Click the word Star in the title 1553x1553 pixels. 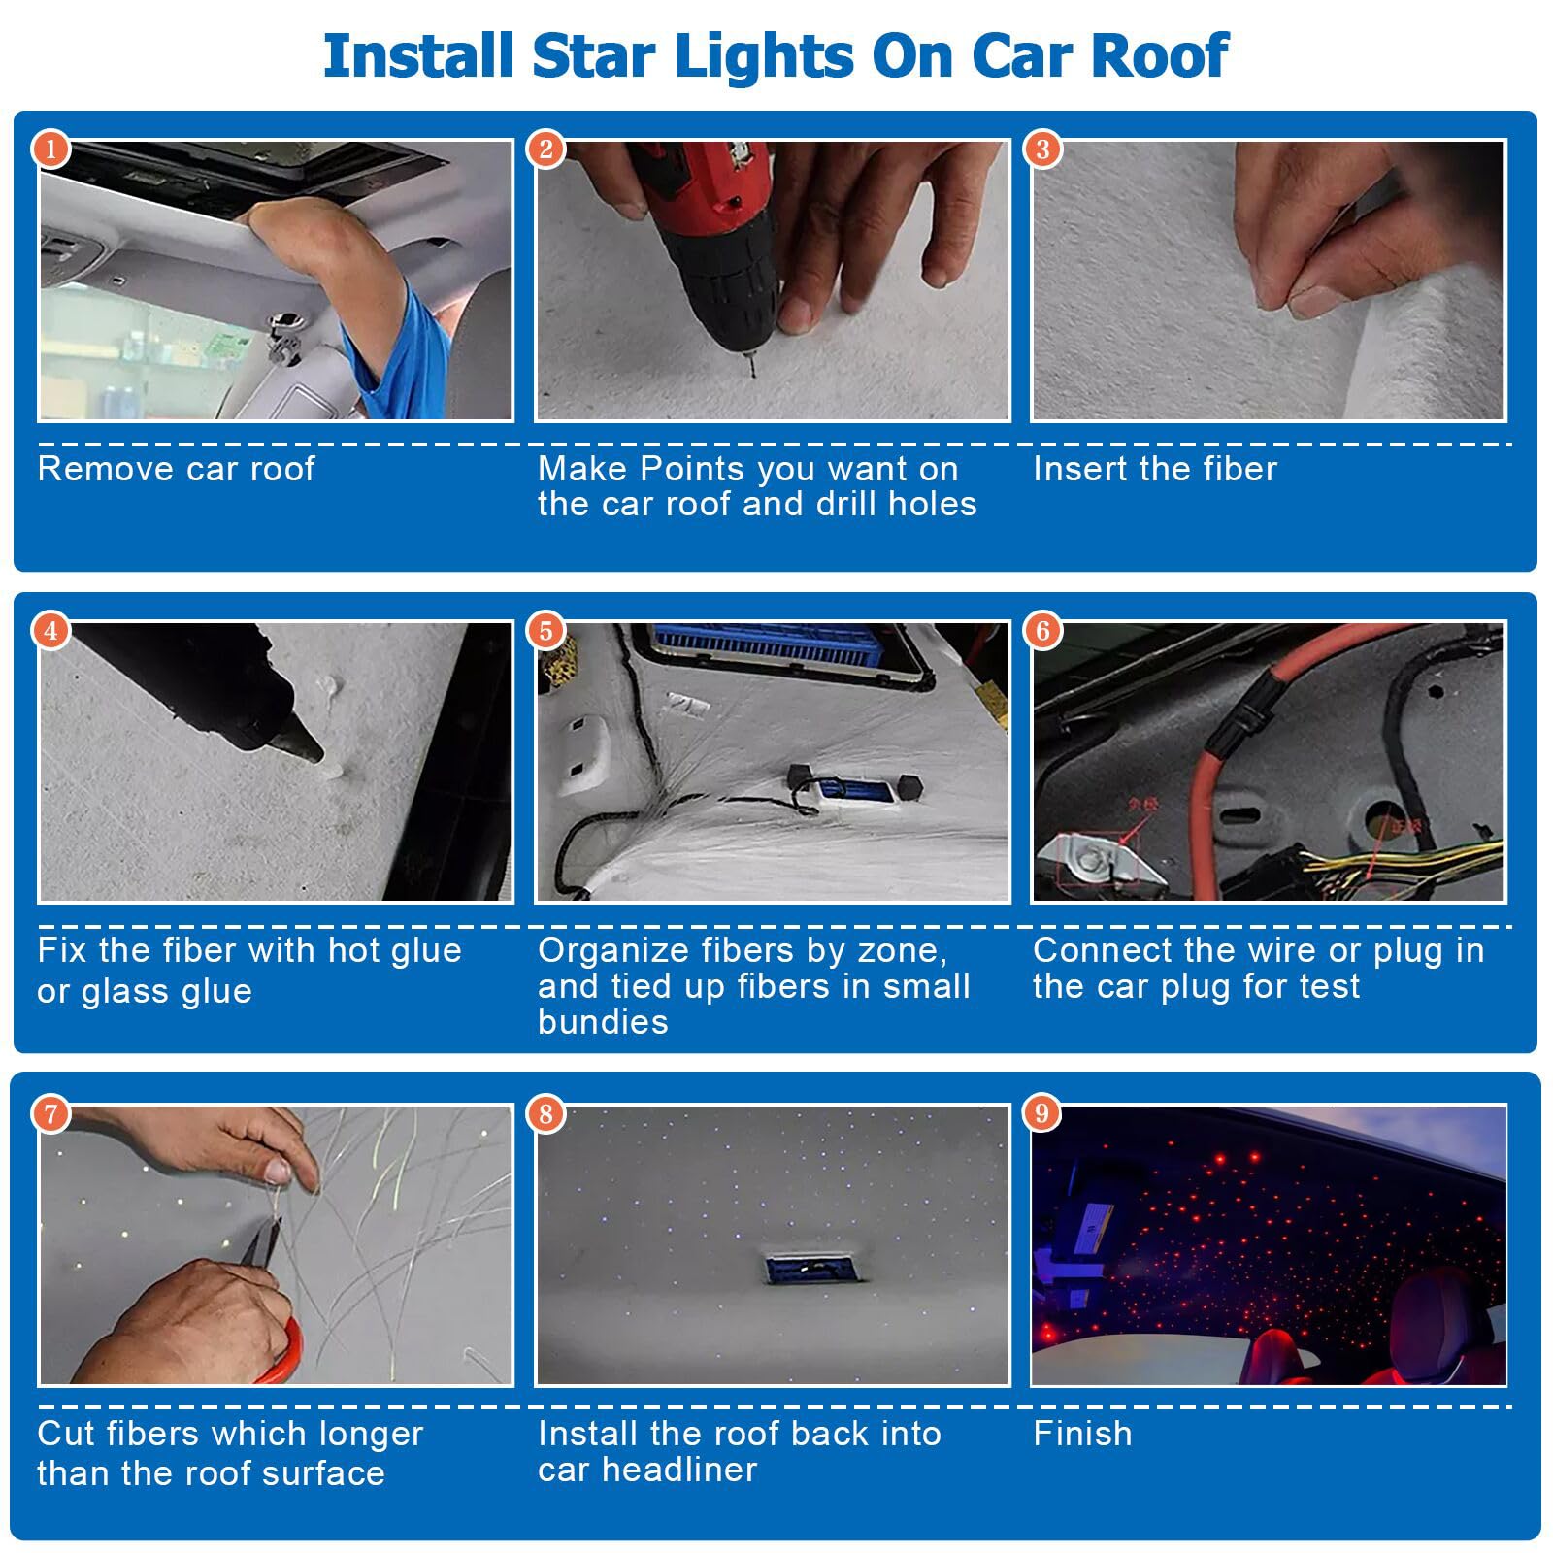596,55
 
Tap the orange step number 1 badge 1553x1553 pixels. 51,149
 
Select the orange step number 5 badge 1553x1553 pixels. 546,631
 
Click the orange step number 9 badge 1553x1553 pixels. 1042,1112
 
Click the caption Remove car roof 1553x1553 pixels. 176,469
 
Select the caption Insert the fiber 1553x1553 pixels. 1154,469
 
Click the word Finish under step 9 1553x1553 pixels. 1082,1434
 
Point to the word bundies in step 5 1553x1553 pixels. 603,1022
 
